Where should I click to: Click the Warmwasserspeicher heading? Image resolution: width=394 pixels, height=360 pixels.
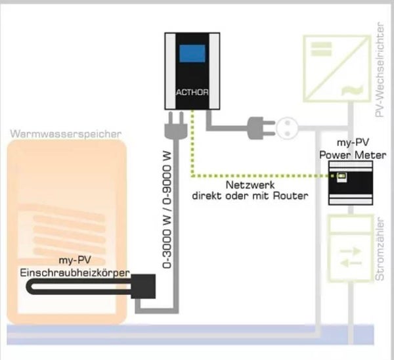pyautogui.click(x=66, y=134)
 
